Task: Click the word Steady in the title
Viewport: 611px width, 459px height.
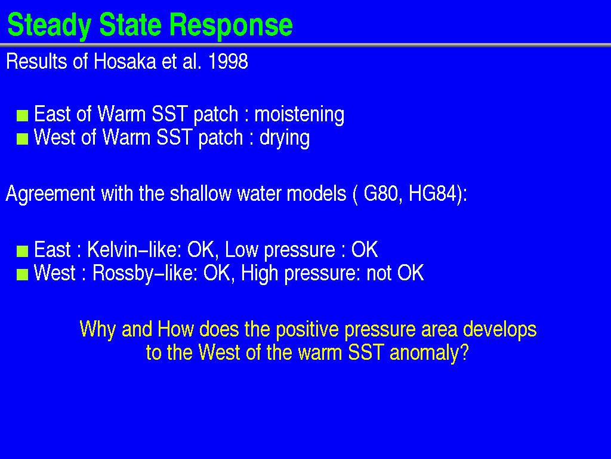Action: [49, 26]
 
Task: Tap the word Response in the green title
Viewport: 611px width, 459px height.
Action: [231, 26]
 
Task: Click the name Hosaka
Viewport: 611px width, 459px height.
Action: [125, 62]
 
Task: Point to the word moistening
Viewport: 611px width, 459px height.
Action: [300, 114]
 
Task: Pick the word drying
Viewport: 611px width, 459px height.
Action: [285, 138]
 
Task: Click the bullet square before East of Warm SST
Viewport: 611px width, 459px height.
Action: [23, 115]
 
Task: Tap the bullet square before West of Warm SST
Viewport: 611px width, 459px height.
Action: [23, 139]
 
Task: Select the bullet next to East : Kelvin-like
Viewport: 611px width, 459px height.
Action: [23, 251]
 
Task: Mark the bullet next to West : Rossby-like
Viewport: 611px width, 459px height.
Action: [23, 275]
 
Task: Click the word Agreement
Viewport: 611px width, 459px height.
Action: [51, 194]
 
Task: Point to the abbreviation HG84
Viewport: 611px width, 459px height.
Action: [432, 194]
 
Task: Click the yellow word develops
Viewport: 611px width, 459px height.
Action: [499, 330]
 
